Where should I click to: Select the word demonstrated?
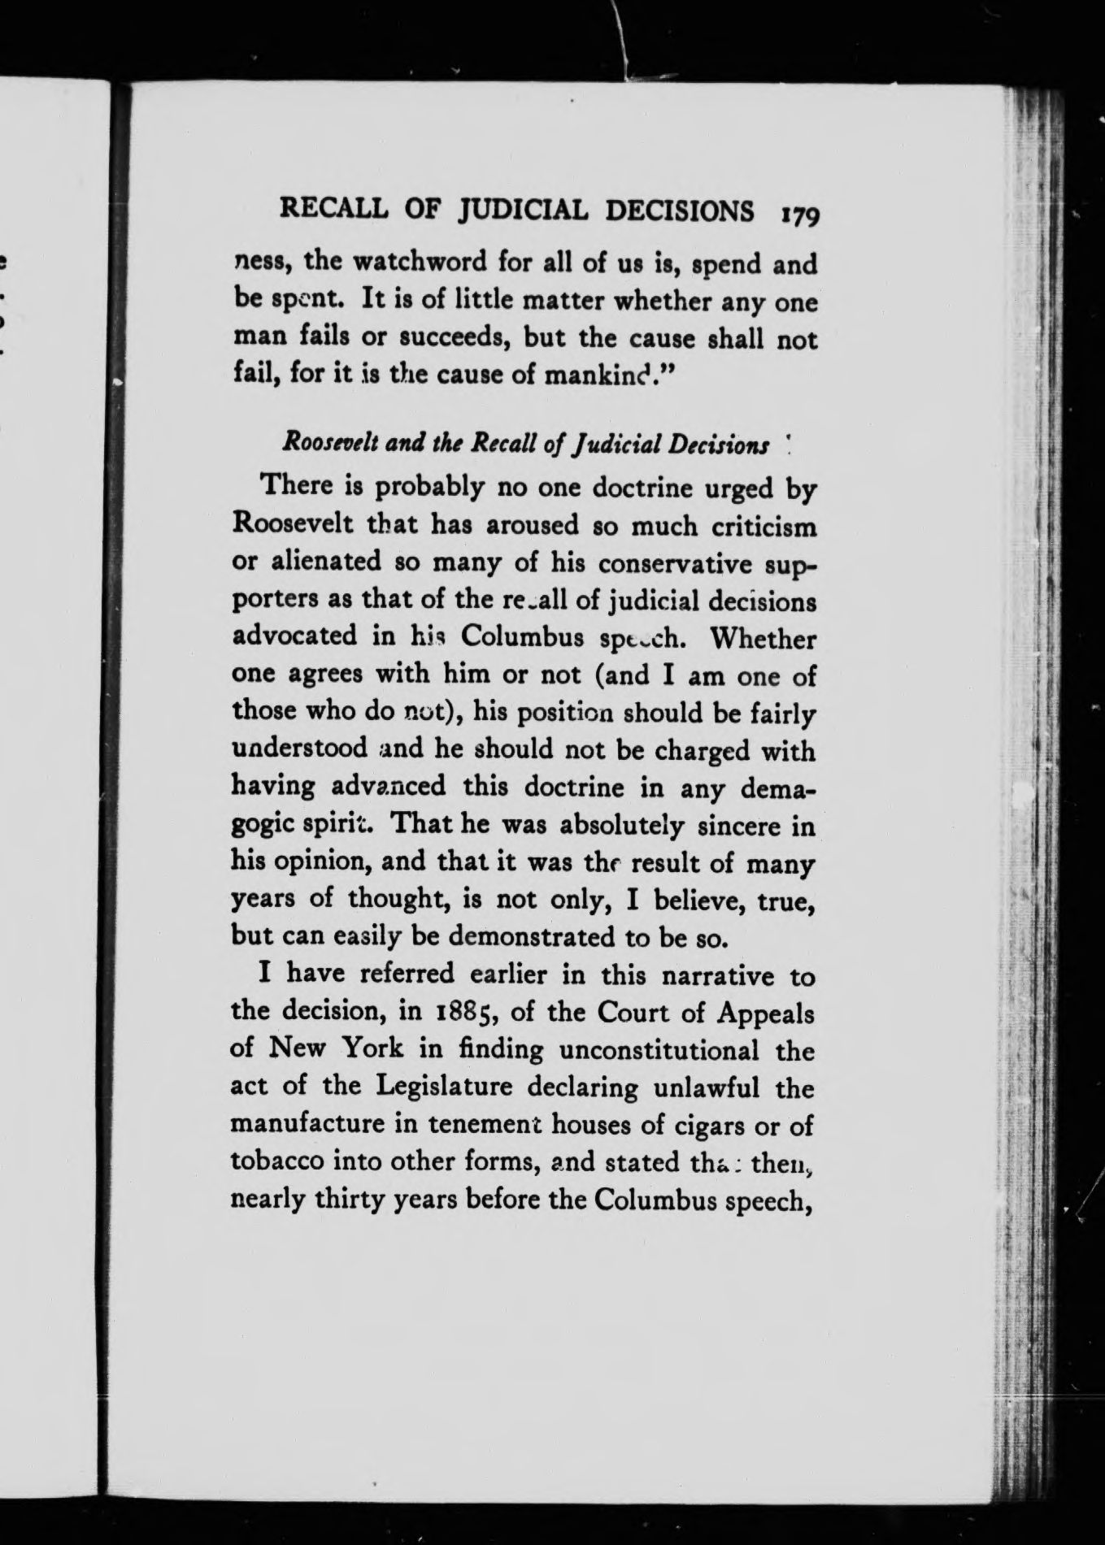[x=533, y=936]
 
